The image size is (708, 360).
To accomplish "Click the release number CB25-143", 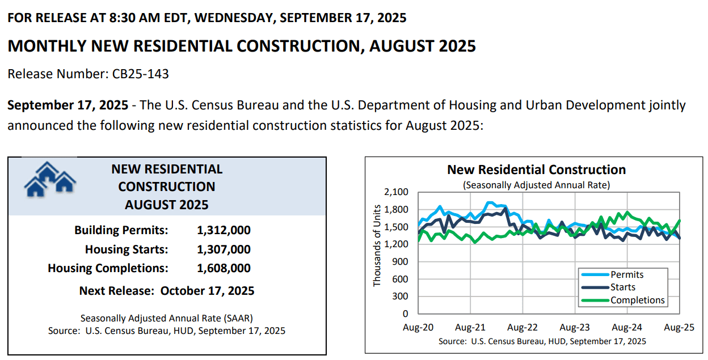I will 137,74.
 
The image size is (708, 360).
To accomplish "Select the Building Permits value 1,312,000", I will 224,230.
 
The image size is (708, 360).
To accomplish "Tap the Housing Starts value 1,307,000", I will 224,249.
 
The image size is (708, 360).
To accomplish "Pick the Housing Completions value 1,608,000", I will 224,268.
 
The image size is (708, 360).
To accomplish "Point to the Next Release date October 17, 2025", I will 207,291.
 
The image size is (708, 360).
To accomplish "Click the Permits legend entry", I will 627,274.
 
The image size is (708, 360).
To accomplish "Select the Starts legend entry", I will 622,287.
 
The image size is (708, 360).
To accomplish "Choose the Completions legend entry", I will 637,300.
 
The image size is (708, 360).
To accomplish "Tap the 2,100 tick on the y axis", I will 396,192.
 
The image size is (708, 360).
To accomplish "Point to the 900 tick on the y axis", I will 400,262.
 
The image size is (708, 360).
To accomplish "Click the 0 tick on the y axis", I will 404,314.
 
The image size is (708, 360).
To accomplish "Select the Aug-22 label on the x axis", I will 522,328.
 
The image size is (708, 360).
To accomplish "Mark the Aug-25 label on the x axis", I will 678,328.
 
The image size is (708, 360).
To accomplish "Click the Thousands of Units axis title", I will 377,252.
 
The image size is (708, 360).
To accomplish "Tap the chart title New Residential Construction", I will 536,170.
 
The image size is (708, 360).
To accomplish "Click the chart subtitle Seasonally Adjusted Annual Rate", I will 536,185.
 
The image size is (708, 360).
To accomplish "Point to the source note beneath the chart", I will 542,341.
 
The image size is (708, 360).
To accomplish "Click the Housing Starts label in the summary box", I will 127,249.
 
